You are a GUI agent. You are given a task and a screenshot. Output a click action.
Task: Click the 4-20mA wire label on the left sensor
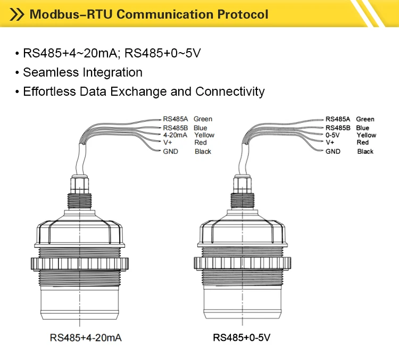coord(175,135)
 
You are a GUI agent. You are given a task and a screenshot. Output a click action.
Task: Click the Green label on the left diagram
coord(203,119)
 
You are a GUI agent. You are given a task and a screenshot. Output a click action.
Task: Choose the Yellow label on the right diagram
coord(366,135)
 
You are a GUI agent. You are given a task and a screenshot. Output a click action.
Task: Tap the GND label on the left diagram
coord(171,152)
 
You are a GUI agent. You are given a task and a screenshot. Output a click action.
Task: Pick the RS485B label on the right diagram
coord(338,128)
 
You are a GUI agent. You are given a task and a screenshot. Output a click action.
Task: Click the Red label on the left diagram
coord(201,143)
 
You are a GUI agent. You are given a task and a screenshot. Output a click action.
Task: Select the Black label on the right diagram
coord(365,152)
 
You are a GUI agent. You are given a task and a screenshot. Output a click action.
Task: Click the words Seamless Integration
coord(82,72)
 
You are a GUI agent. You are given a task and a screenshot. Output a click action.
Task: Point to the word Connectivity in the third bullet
coord(230,91)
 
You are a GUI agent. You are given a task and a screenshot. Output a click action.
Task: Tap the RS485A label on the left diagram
coord(175,119)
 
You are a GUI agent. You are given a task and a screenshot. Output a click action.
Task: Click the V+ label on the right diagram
coord(330,143)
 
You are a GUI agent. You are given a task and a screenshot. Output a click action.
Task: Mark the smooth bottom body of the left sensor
coord(80,303)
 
